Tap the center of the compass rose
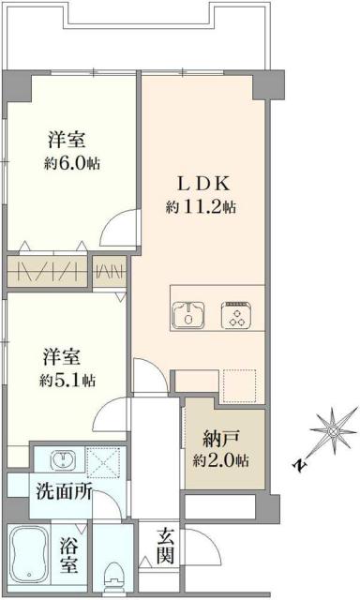point(333,431)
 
